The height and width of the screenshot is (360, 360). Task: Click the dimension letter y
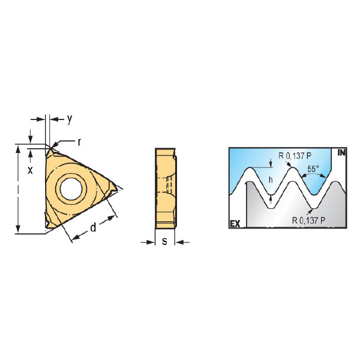pyautogui.click(x=70, y=119)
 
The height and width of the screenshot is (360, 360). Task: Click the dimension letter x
pyautogui.click(x=30, y=170)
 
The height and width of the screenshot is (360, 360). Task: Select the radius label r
pyautogui.click(x=79, y=142)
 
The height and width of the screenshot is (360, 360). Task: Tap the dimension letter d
pyautogui.click(x=93, y=227)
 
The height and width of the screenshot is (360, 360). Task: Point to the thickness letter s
pyautogui.click(x=164, y=241)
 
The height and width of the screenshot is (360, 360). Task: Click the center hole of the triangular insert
pyautogui.click(x=71, y=189)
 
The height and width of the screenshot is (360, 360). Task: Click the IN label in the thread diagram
pyautogui.click(x=341, y=152)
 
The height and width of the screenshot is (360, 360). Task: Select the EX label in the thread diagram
pyautogui.click(x=235, y=224)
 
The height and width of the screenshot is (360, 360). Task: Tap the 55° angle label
pyautogui.click(x=313, y=169)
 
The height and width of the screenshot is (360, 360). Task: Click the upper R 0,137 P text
pyautogui.click(x=295, y=156)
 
